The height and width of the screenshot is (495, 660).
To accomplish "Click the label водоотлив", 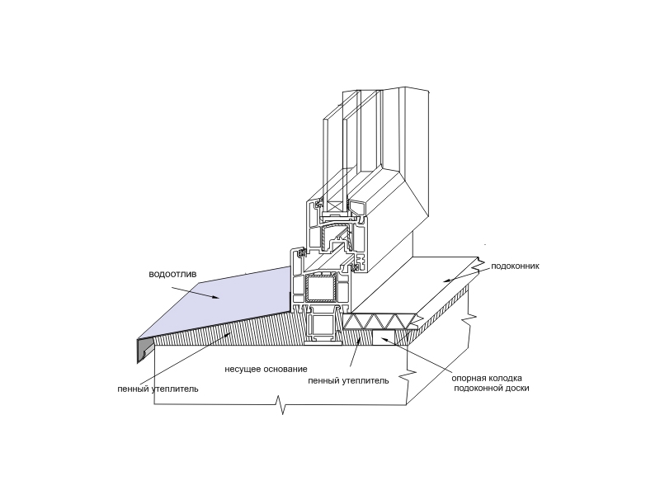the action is click(172, 275).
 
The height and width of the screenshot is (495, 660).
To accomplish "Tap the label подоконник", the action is click(515, 266).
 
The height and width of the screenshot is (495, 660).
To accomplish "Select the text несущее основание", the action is click(266, 369).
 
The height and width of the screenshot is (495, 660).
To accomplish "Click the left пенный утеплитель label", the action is click(158, 389).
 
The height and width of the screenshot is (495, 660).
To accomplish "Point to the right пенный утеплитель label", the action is click(348, 381).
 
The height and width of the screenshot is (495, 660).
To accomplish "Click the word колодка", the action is click(505, 378).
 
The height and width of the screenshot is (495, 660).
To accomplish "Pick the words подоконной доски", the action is click(491, 388).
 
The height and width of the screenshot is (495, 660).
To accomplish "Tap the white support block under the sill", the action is click(384, 337).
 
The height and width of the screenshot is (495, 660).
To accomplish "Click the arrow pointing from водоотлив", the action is click(196, 293).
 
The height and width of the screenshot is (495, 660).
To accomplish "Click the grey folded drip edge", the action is click(144, 350).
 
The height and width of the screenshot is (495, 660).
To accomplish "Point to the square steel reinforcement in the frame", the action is click(321, 288).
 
